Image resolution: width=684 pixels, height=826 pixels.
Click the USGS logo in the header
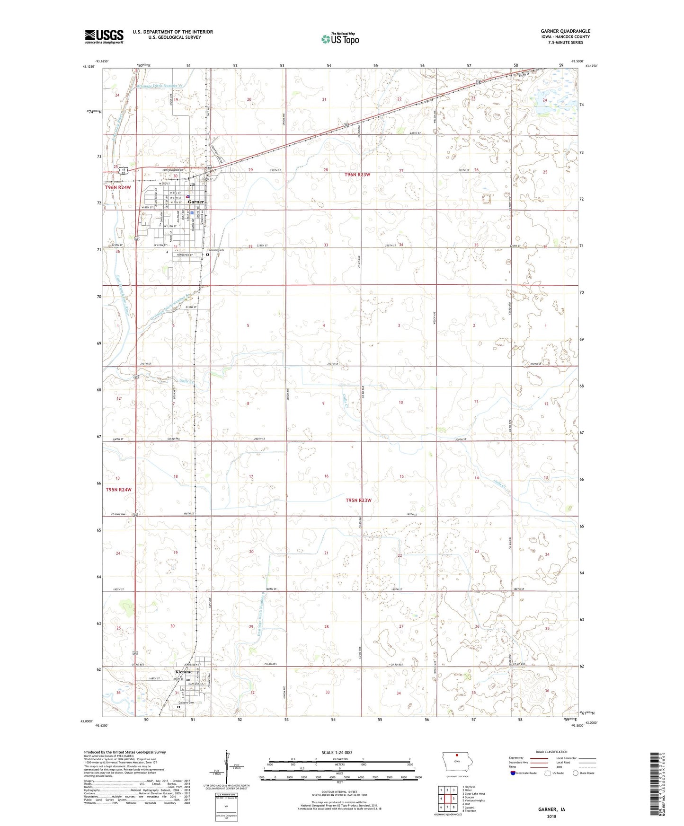click(x=104, y=36)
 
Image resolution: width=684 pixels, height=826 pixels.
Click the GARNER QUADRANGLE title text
click(x=565, y=31)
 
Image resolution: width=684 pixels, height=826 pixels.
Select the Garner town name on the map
click(x=196, y=202)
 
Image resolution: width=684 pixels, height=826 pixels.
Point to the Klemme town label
click(x=184, y=672)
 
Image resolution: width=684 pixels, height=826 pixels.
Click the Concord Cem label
click(x=218, y=250)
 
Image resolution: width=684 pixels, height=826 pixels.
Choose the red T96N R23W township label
click(x=358, y=175)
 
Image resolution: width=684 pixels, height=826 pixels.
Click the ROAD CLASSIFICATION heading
click(x=551, y=752)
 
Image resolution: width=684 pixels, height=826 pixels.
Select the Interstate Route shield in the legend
click(x=514, y=773)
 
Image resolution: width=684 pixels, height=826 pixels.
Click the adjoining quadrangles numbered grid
click(x=447, y=799)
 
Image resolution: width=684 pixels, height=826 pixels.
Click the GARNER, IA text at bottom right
click(x=551, y=809)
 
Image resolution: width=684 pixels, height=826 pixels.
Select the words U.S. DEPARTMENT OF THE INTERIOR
click(x=173, y=32)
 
